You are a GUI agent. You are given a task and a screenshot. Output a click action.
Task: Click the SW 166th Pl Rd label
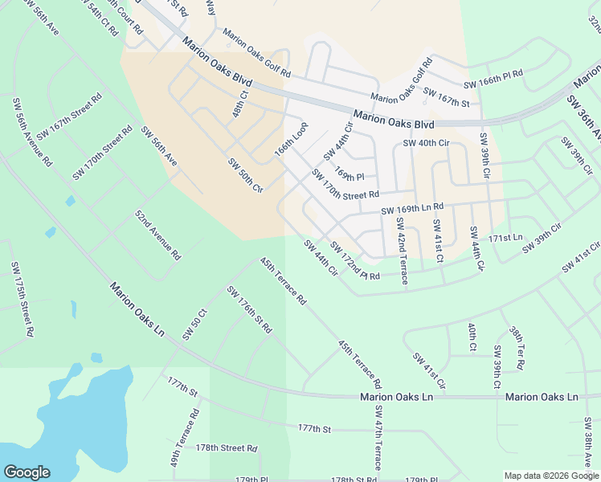point(493,79)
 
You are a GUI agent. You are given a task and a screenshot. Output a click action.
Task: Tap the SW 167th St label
point(446,97)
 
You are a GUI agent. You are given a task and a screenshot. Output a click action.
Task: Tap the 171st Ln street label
point(506,238)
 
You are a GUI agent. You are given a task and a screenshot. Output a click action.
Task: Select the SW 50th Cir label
point(246,175)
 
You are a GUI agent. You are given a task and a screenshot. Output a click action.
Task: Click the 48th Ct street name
point(240,104)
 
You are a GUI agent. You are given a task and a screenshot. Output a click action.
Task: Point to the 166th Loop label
point(291,138)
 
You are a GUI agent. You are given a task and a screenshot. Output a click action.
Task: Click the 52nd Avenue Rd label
point(157,235)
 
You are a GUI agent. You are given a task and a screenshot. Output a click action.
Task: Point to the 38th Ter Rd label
point(517,348)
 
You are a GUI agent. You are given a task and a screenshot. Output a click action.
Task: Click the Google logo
point(27,472)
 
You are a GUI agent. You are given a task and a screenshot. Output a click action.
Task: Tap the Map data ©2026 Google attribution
point(550,475)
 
